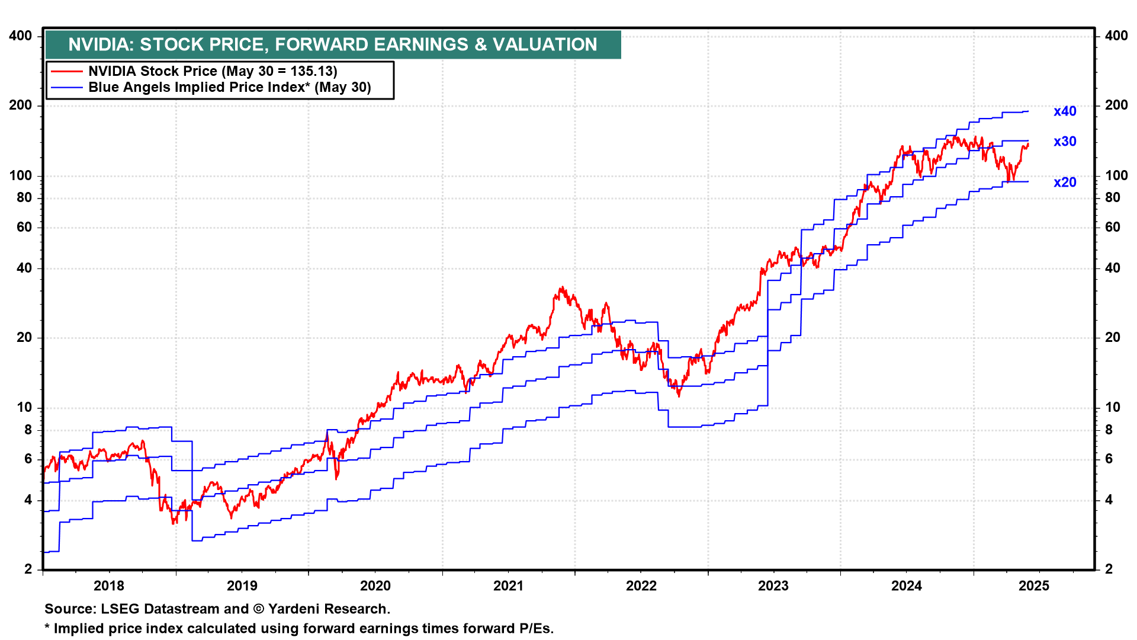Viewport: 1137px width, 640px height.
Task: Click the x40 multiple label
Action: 1064,111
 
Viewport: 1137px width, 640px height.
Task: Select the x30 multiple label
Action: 1064,142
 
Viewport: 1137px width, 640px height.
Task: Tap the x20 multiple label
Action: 1064,183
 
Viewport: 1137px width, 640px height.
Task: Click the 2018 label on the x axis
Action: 109,586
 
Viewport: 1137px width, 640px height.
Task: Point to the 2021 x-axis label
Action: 508,586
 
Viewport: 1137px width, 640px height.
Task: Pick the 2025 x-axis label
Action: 1033,586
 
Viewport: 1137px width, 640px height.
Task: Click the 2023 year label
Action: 773,586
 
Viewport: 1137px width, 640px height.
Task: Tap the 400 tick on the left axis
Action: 21,36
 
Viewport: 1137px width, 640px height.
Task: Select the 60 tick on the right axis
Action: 1113,227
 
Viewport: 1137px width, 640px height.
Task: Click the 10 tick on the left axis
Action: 24,408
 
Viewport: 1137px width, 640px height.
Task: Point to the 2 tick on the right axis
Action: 1109,569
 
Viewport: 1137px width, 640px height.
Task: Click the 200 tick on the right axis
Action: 1116,105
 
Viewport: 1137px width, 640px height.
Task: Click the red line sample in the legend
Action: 66,72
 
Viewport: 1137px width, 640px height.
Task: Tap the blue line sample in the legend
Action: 66,88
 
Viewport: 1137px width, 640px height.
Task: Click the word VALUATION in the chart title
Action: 545,44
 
